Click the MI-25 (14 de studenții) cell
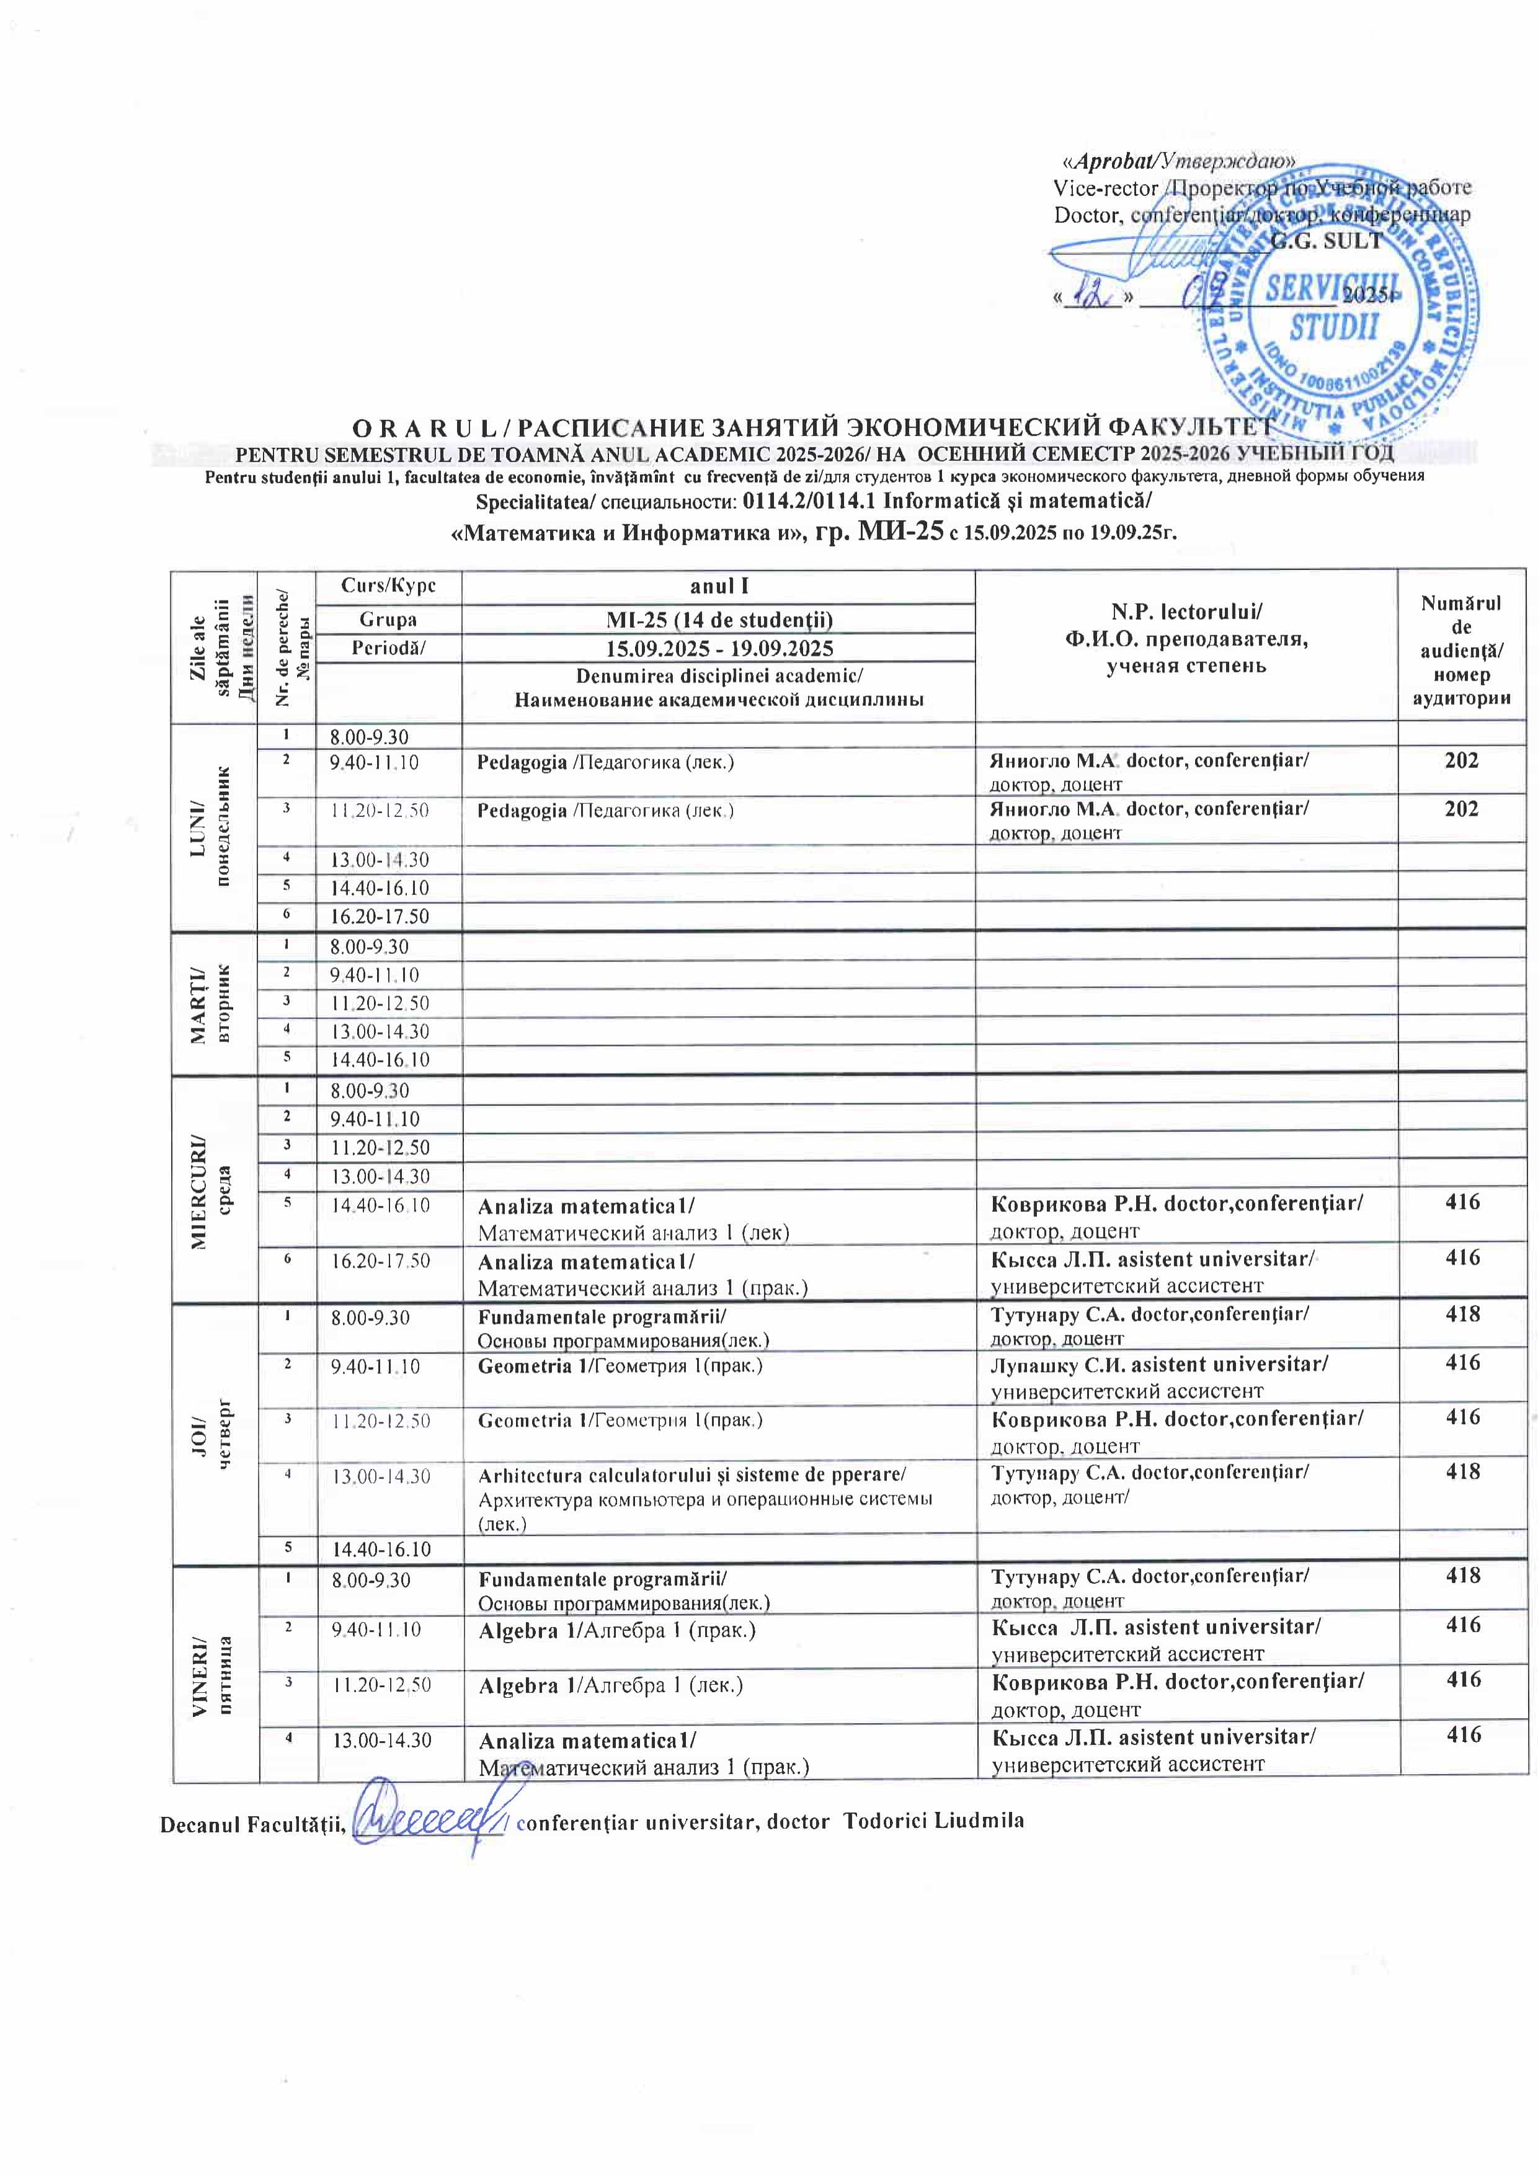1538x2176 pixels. point(719,620)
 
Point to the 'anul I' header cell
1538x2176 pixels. point(719,586)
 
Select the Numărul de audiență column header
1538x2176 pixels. point(1461,650)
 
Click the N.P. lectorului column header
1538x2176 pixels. point(1186,638)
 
